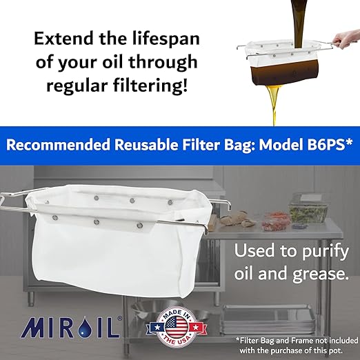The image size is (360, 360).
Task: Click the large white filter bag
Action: tap(110, 241)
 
